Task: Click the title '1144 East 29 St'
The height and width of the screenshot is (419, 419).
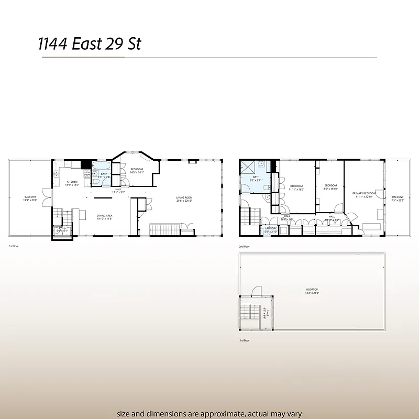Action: coord(90,43)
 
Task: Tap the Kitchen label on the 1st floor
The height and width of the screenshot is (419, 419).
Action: coord(71,183)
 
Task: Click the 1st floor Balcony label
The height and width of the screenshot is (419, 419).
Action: coord(30,198)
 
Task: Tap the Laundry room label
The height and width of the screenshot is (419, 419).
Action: coord(270,229)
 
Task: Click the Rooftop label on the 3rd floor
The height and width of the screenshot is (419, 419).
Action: coord(313,291)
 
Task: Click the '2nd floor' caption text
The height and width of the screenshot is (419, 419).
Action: coord(244,246)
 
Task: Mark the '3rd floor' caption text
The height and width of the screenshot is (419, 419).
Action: coord(244,340)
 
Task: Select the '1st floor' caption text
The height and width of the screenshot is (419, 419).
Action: coord(15,246)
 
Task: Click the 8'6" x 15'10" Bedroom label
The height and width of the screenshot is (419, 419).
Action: coord(330,187)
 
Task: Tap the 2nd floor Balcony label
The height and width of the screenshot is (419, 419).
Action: coord(398,198)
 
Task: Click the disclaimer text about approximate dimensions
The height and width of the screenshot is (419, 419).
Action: coord(210,413)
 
